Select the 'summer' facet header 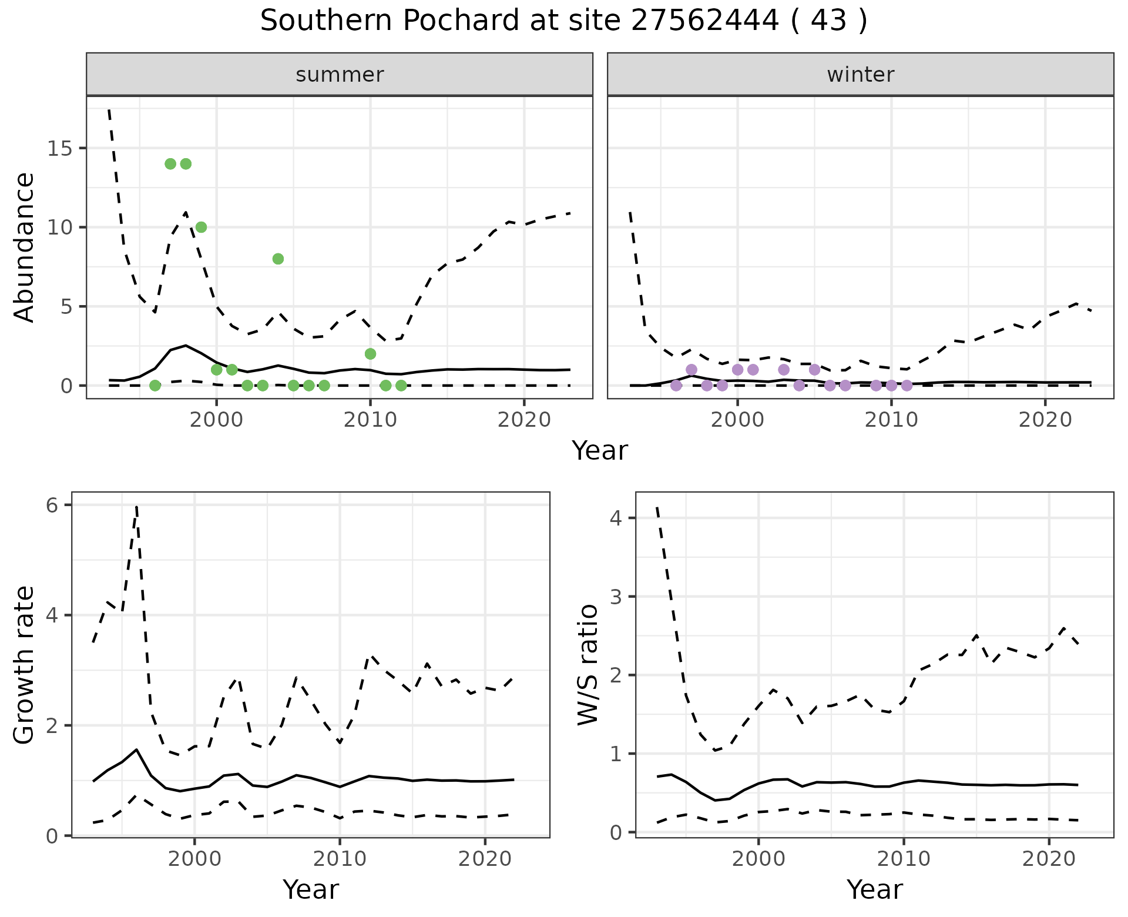click(x=340, y=75)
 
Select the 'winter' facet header click(x=860, y=75)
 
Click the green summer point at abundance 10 click(x=201, y=227)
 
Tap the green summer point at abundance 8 click(x=278, y=259)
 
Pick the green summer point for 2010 click(x=370, y=354)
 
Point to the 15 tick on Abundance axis click(x=58, y=148)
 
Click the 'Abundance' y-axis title click(x=25, y=247)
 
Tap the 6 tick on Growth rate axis click(x=53, y=506)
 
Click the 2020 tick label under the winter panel click(x=1045, y=420)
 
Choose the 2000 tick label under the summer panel click(x=216, y=420)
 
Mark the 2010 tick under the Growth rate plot click(x=340, y=859)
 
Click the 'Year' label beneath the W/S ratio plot click(x=874, y=890)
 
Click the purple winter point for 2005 click(x=814, y=370)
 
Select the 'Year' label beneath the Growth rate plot click(x=310, y=890)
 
